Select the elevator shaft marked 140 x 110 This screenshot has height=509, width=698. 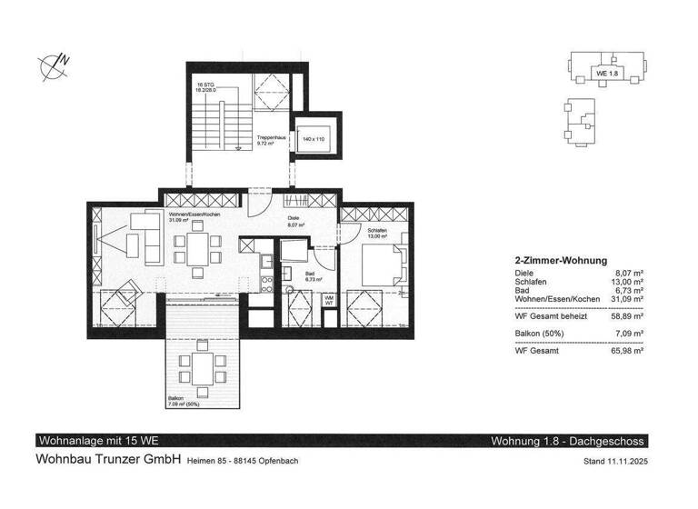pos(314,139)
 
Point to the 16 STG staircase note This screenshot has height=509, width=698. pos(209,88)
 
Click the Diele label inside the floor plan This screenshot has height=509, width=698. pos(294,219)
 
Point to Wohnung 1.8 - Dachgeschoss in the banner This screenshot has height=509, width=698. pos(567,441)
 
